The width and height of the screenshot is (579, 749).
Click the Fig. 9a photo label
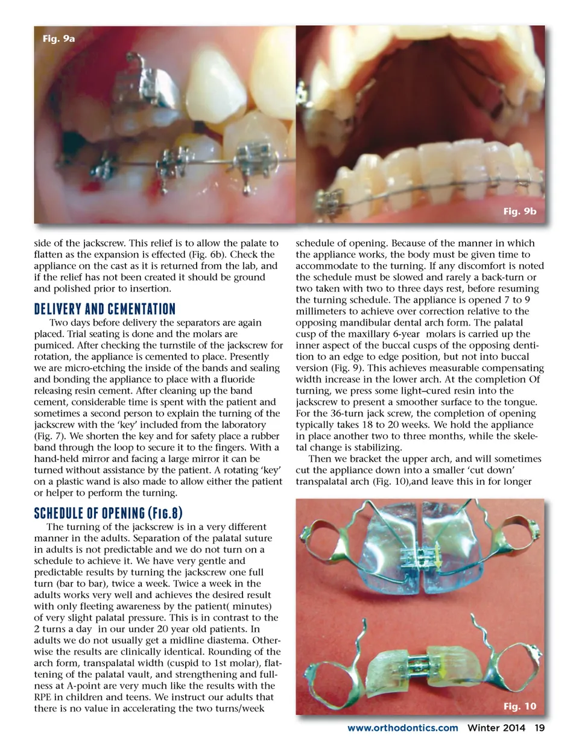click(x=59, y=39)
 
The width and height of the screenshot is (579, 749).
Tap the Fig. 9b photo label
click(x=519, y=211)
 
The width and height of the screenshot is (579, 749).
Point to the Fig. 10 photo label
click(x=519, y=706)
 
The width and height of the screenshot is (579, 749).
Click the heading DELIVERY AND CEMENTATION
click(x=104, y=309)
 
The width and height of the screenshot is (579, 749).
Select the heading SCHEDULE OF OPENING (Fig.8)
click(x=108, y=513)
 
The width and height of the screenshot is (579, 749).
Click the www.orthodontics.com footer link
click(x=402, y=728)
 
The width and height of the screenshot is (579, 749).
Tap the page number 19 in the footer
click(x=539, y=728)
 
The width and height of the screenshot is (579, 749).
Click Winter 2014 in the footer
click(x=496, y=728)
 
